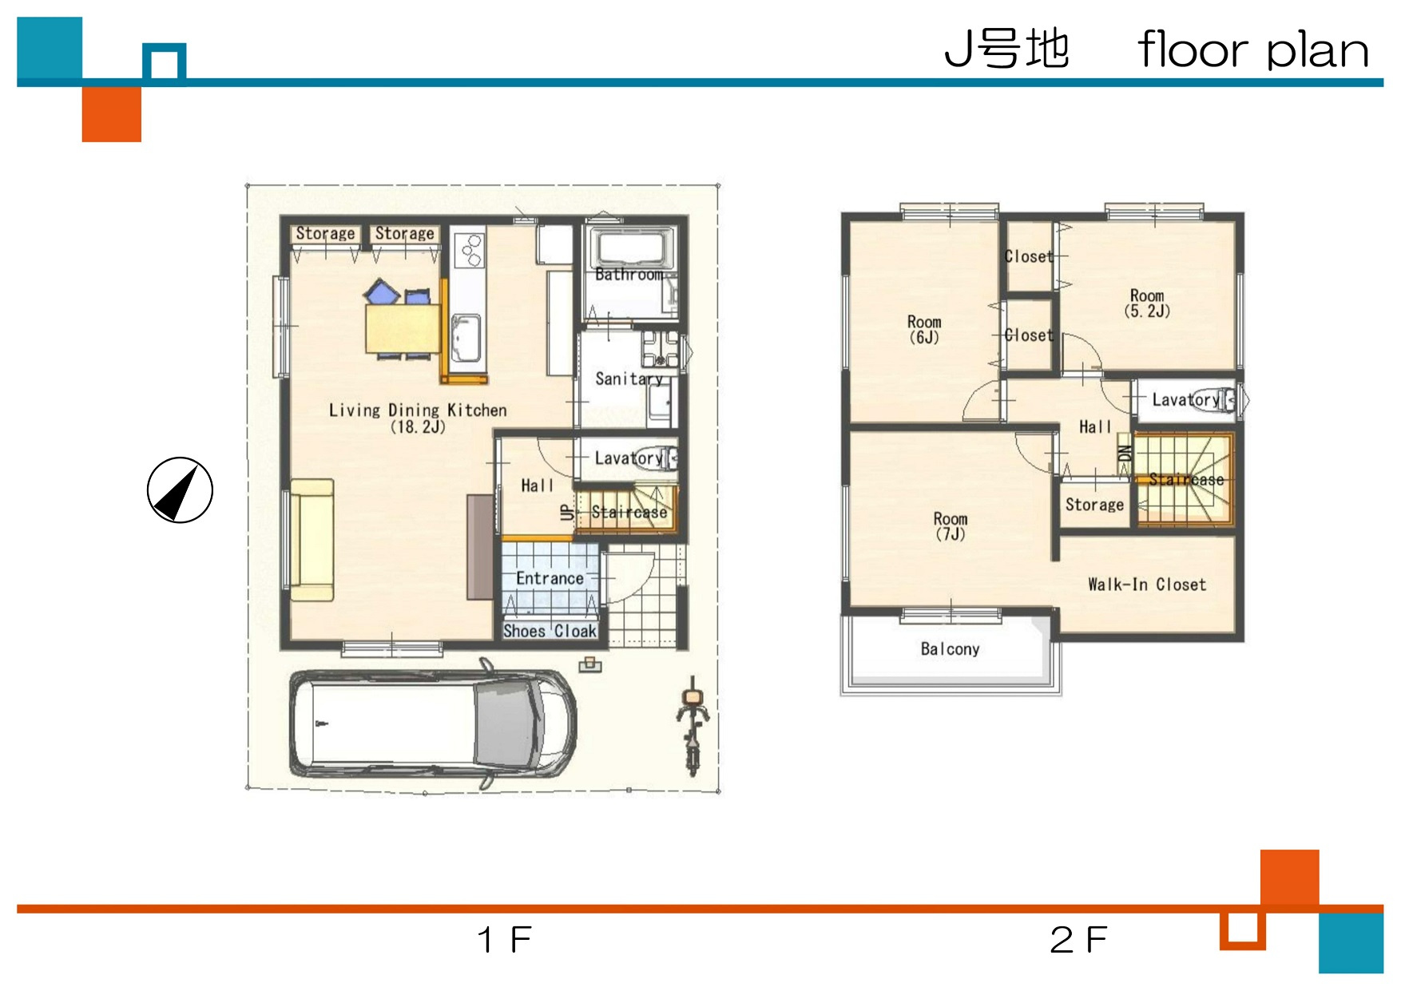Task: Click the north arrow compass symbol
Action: (180, 490)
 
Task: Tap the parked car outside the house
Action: (432, 723)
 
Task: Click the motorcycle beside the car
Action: (692, 726)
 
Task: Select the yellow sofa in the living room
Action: (312, 540)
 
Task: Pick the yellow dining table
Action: (403, 328)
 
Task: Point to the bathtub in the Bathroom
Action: (631, 248)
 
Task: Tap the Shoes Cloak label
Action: (550, 631)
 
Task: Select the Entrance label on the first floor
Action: (550, 578)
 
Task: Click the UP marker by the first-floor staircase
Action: (567, 512)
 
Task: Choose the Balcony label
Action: (950, 649)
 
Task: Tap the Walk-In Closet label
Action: (1147, 585)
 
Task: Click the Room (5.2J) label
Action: (1147, 303)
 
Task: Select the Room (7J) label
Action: (951, 527)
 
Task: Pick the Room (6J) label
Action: (924, 329)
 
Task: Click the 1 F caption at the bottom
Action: (504, 940)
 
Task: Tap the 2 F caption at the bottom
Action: (1078, 940)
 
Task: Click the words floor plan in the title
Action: (1253, 50)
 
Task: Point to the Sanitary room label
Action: (629, 379)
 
